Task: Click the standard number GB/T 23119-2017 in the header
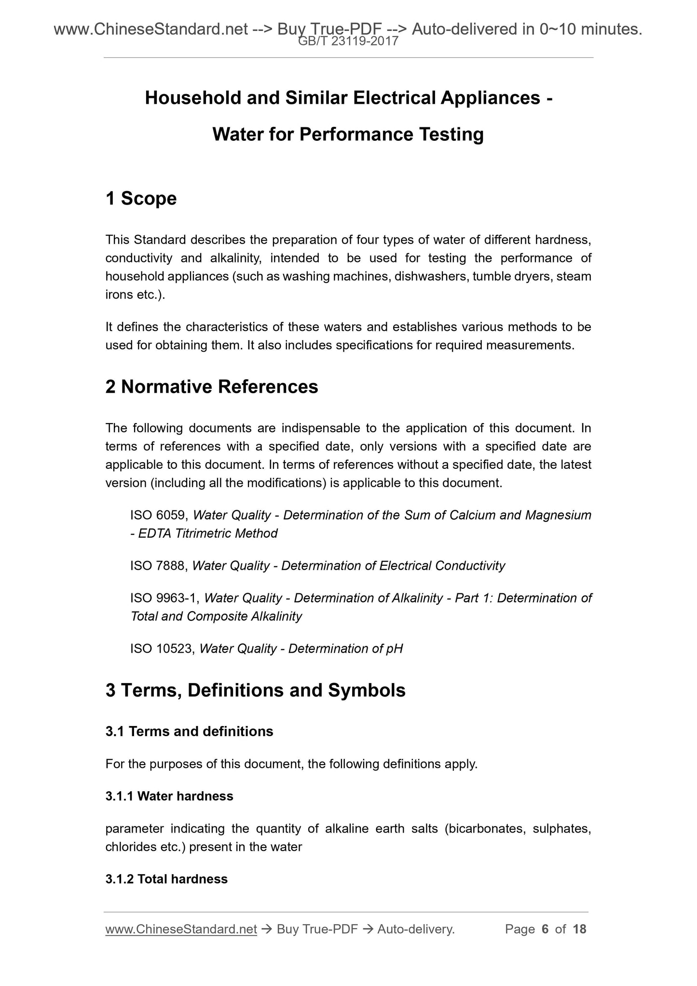(348, 41)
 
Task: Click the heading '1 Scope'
(141, 198)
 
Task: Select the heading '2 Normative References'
(212, 386)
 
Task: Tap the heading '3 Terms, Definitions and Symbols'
(255, 690)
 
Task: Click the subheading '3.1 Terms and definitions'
(189, 731)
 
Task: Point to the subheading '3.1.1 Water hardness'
(169, 796)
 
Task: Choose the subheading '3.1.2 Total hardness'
(166, 879)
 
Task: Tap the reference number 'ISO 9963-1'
(164, 598)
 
